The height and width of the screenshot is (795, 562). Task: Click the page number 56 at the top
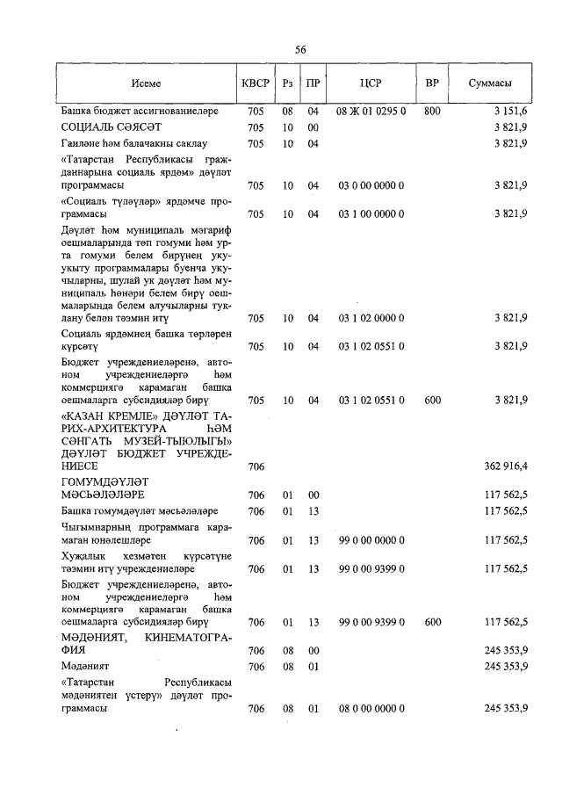point(300,50)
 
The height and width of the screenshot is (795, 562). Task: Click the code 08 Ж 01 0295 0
point(370,112)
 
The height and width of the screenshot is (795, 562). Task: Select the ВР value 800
point(432,112)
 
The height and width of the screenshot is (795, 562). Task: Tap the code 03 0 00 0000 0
point(370,185)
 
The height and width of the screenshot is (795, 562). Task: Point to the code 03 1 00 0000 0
point(370,213)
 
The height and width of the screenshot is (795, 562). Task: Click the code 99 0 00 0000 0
point(370,540)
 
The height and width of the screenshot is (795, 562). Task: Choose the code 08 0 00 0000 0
point(370,707)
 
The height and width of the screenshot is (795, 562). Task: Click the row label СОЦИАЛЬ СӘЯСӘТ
point(96,127)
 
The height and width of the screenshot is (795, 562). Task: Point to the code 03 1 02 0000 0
point(370,318)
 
